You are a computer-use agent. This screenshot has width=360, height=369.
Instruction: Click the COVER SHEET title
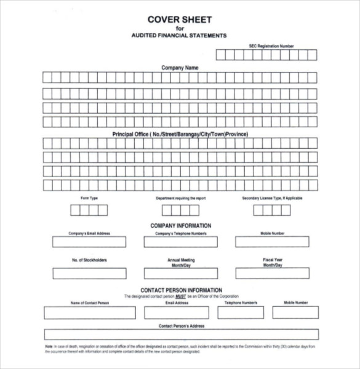point(180,18)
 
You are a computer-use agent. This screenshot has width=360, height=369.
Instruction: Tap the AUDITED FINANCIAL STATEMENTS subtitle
point(180,36)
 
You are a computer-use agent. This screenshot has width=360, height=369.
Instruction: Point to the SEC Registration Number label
point(271,46)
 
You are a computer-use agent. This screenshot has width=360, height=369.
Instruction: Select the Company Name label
point(180,68)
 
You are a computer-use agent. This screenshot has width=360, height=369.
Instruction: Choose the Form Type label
point(89,198)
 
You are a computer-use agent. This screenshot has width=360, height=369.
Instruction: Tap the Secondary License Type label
point(271,198)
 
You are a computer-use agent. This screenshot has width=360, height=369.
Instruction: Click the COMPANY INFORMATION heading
point(180,226)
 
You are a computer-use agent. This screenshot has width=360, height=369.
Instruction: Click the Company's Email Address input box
point(89,242)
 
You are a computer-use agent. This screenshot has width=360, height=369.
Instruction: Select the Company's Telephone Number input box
point(180,242)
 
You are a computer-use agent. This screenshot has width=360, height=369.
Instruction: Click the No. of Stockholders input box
point(89,273)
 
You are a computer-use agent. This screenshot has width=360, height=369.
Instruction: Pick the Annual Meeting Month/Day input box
point(180,273)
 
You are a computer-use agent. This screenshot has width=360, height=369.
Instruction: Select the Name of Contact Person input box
point(90,312)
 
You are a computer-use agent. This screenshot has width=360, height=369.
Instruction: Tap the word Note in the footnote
point(49,347)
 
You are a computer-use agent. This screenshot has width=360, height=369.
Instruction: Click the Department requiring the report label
point(180,198)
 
